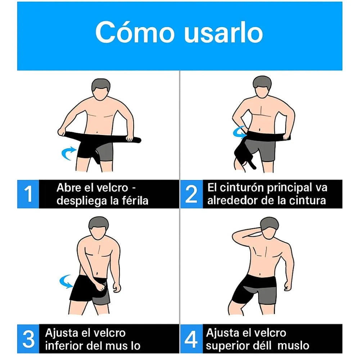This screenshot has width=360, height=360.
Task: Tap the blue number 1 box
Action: point(28,194)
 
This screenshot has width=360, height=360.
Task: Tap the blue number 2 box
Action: point(191,194)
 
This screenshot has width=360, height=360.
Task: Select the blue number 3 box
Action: point(28,338)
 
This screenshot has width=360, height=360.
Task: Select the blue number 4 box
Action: point(191,338)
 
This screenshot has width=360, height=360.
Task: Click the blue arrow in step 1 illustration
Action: point(68,153)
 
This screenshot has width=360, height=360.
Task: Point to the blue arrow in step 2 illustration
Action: point(239,131)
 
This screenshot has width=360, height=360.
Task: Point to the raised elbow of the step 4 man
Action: point(236,236)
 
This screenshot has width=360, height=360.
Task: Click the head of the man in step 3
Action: point(98,227)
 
